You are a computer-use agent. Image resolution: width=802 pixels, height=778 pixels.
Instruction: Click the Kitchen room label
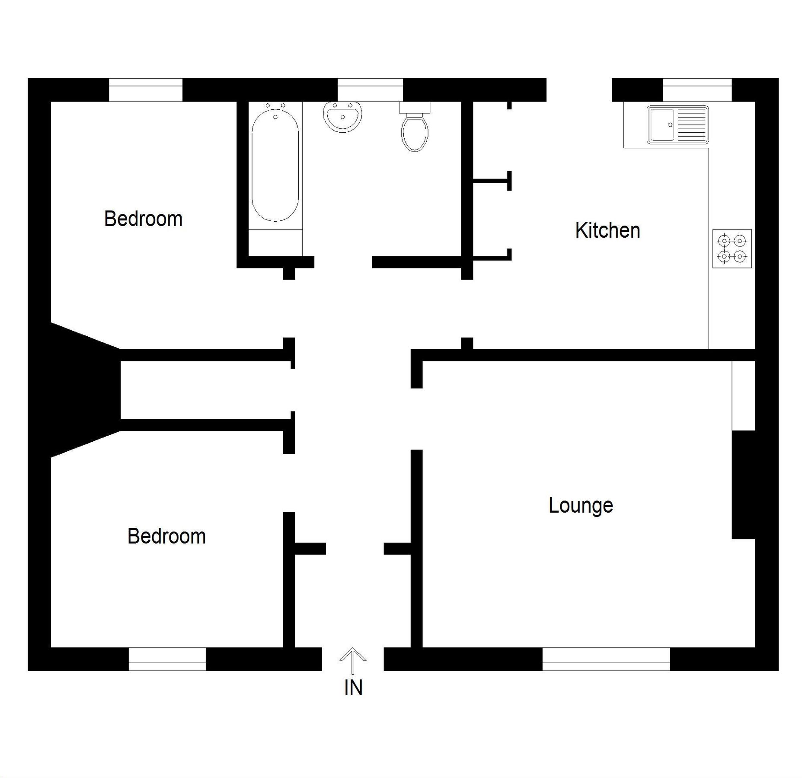pyautogui.click(x=607, y=231)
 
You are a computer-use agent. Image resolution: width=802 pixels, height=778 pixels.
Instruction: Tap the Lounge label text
pyautogui.click(x=581, y=505)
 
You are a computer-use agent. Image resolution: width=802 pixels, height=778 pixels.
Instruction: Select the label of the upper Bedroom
pyautogui.click(x=143, y=219)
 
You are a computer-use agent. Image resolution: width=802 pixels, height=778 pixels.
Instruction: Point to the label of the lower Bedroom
pyautogui.click(x=166, y=536)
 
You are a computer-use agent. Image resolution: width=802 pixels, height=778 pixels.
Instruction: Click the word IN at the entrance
pyautogui.click(x=353, y=688)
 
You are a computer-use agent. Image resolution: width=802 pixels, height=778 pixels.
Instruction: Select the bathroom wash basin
pyautogui.click(x=342, y=116)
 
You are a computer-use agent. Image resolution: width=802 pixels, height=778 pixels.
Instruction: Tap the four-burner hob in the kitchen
pyautogui.click(x=732, y=249)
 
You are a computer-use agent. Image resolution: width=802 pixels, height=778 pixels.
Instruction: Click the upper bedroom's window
pyautogui.click(x=145, y=90)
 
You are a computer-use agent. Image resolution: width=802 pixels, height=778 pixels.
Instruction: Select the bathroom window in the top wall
pyautogui.click(x=370, y=90)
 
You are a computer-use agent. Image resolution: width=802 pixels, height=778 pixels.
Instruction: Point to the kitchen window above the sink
pyautogui.click(x=697, y=90)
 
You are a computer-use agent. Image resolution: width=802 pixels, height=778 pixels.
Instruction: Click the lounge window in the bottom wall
pyautogui.click(x=606, y=659)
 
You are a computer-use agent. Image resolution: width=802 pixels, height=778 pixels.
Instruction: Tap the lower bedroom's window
pyautogui.click(x=167, y=659)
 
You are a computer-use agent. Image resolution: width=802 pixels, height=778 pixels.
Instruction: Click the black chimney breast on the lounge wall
pyautogui.click(x=743, y=485)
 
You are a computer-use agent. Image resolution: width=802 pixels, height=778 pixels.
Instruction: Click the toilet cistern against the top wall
pyautogui.click(x=415, y=107)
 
